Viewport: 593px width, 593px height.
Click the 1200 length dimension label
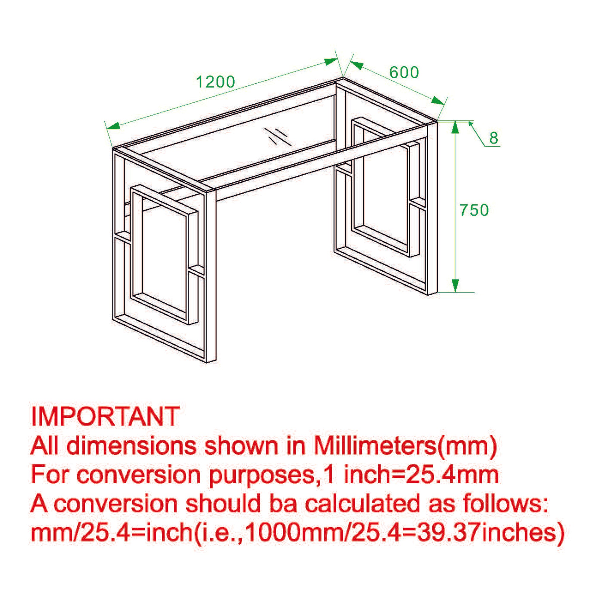click(216, 82)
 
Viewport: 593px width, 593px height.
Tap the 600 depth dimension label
click(404, 72)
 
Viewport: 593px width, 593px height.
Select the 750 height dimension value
click(474, 210)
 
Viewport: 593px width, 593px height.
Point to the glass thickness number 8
click(493, 138)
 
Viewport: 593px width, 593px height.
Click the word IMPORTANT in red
click(105, 416)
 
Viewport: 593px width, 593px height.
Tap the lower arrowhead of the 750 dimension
click(455, 286)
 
